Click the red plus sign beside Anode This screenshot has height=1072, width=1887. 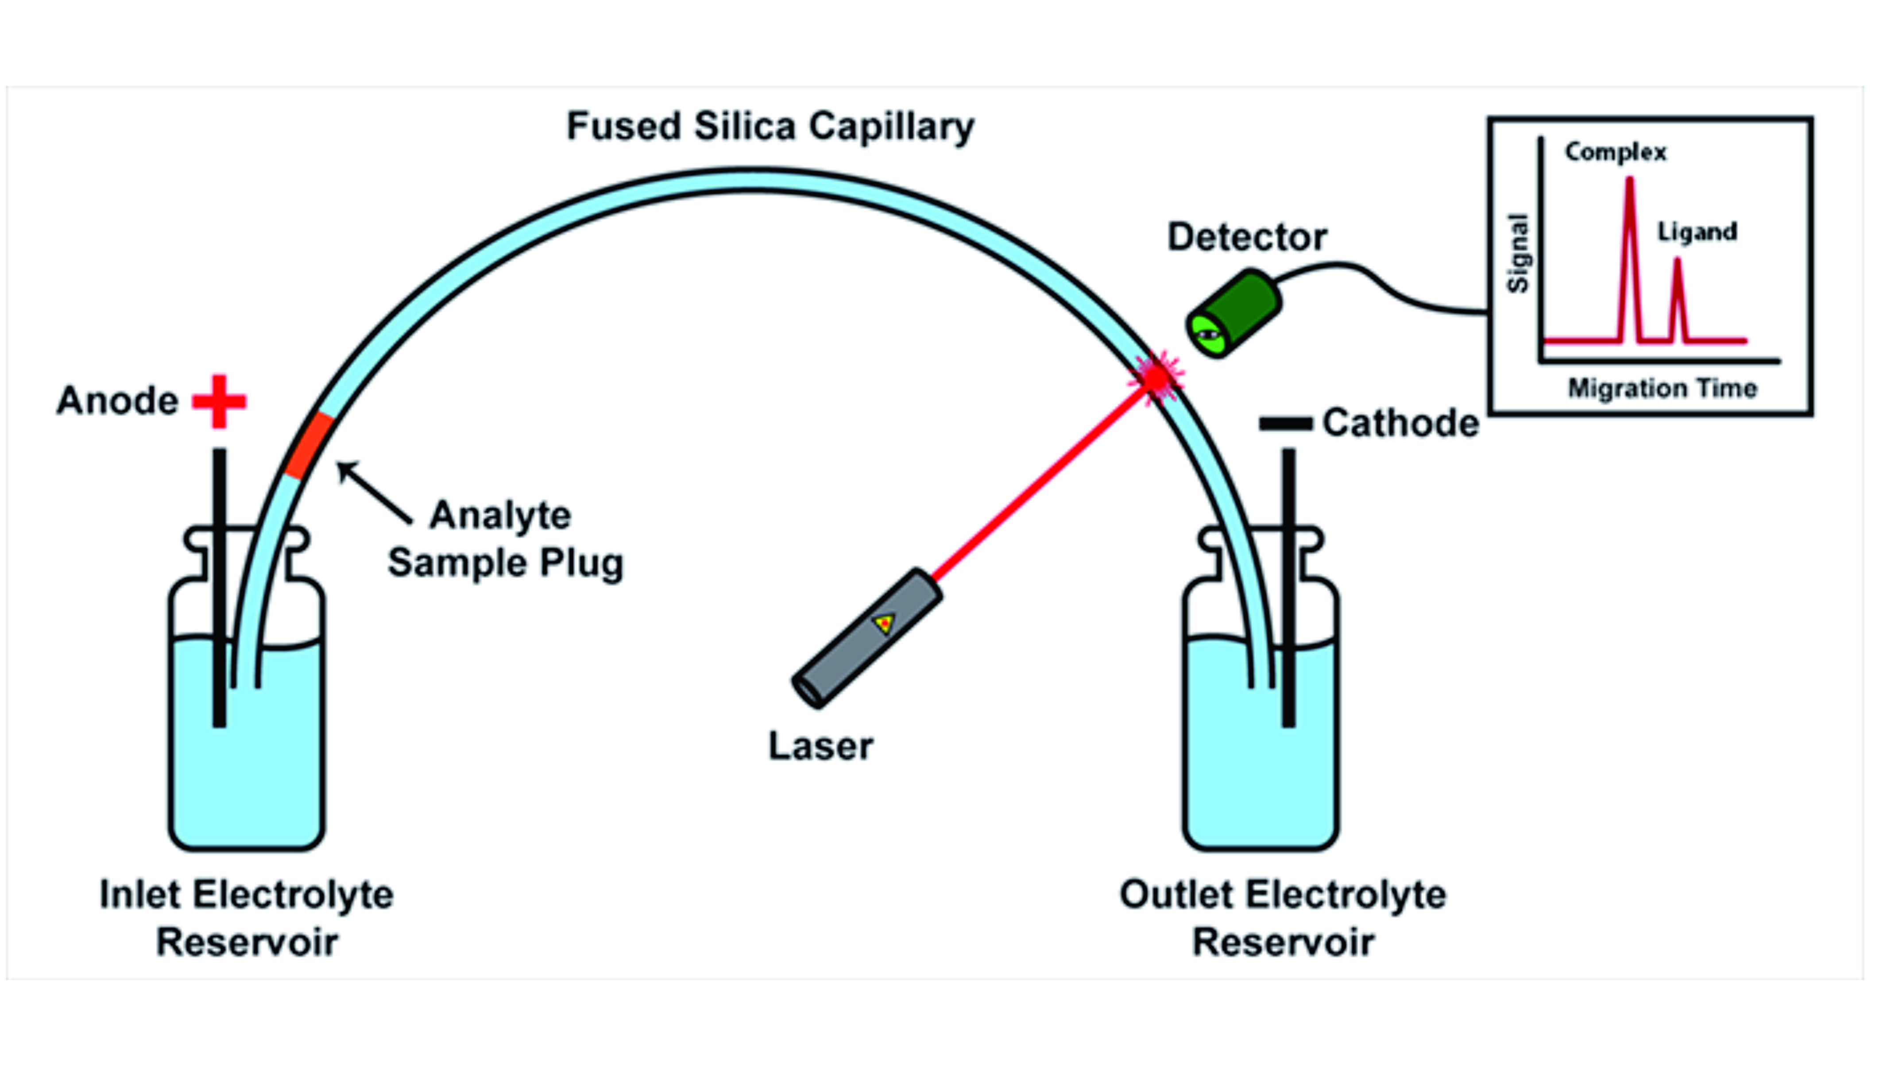click(219, 401)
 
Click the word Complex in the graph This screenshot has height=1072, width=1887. click(1615, 152)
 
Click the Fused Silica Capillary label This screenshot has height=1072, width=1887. click(770, 127)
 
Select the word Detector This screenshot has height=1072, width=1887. click(1247, 237)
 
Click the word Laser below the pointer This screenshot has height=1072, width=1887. click(820, 746)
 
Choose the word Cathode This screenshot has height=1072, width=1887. click(1400, 423)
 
